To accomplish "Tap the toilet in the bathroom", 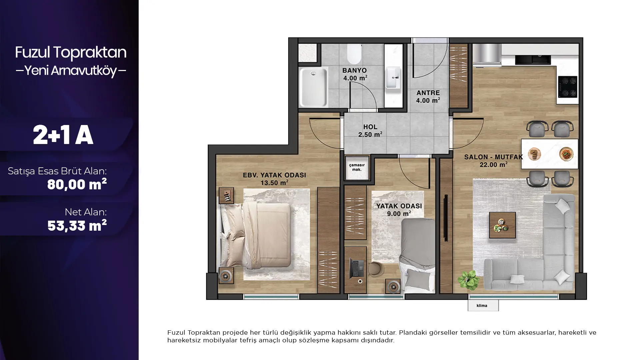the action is pos(354,54).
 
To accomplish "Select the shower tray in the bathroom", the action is pos(313,87).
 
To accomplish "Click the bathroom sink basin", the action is pos(393,78).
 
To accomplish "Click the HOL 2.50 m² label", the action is pos(370,131).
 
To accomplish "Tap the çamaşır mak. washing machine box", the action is pos(357,167).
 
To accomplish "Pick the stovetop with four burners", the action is pos(568,87).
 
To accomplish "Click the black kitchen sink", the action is pos(533,60).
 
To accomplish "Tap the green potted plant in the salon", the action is pos(469,279).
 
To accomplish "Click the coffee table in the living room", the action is pos(502,225).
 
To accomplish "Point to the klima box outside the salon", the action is pos(483,306).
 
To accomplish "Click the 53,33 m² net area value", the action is pos(77,226).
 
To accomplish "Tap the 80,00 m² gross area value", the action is pos(77,184).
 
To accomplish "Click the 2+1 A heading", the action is pos(63,135).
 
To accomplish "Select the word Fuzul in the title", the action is pos(32,52).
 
